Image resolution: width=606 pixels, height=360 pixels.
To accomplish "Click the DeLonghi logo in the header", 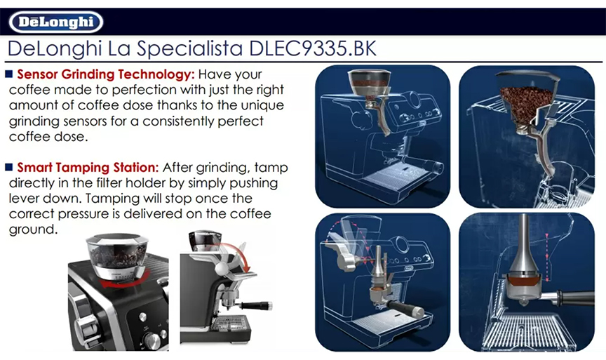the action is click(x=56, y=22).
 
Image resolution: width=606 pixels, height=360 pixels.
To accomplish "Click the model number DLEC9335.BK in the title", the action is click(x=313, y=48).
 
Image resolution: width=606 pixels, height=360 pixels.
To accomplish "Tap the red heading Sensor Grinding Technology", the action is click(x=106, y=74).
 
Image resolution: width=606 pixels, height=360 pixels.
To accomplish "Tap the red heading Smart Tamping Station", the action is click(x=88, y=168).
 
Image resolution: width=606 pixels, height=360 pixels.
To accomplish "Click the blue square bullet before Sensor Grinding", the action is click(x=9, y=74).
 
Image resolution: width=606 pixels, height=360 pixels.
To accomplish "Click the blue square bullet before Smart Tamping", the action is click(x=9, y=167).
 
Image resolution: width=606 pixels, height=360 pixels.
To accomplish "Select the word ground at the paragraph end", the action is click(x=33, y=229).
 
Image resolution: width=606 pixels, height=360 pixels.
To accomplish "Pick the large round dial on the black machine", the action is click(x=151, y=340).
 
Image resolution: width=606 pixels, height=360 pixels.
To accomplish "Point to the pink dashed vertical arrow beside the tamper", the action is click(x=547, y=256).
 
